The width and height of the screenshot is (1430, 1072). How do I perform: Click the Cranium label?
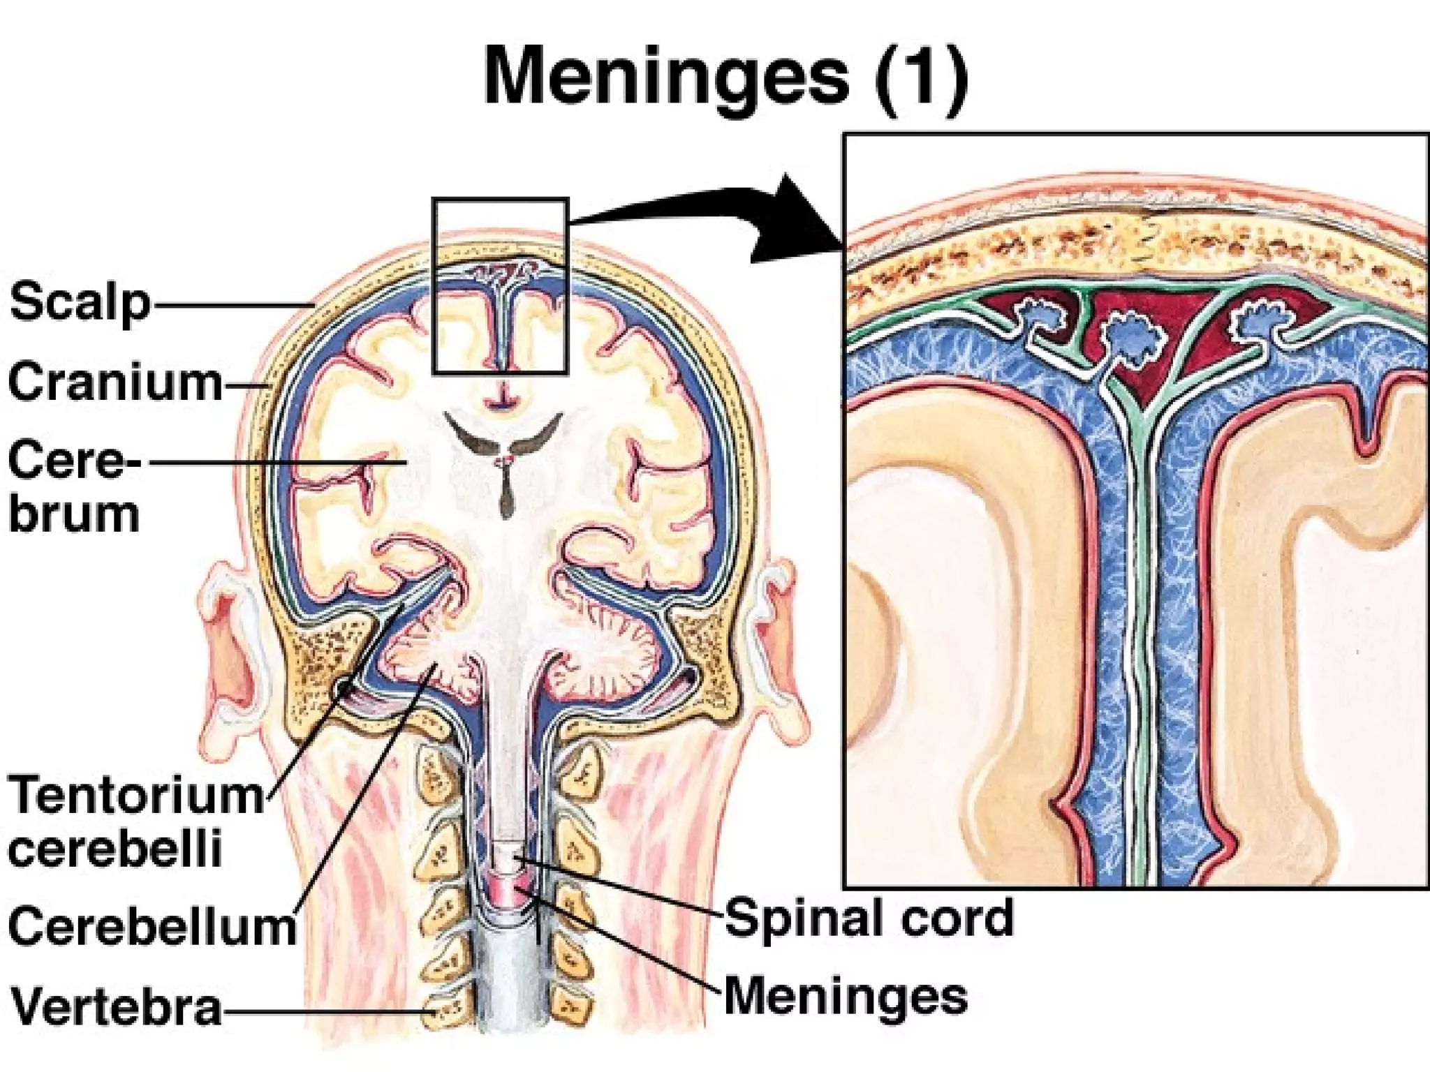(x=115, y=382)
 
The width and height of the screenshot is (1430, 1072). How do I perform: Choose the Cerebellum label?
(x=152, y=926)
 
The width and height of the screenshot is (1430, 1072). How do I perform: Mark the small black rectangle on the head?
(x=500, y=286)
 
